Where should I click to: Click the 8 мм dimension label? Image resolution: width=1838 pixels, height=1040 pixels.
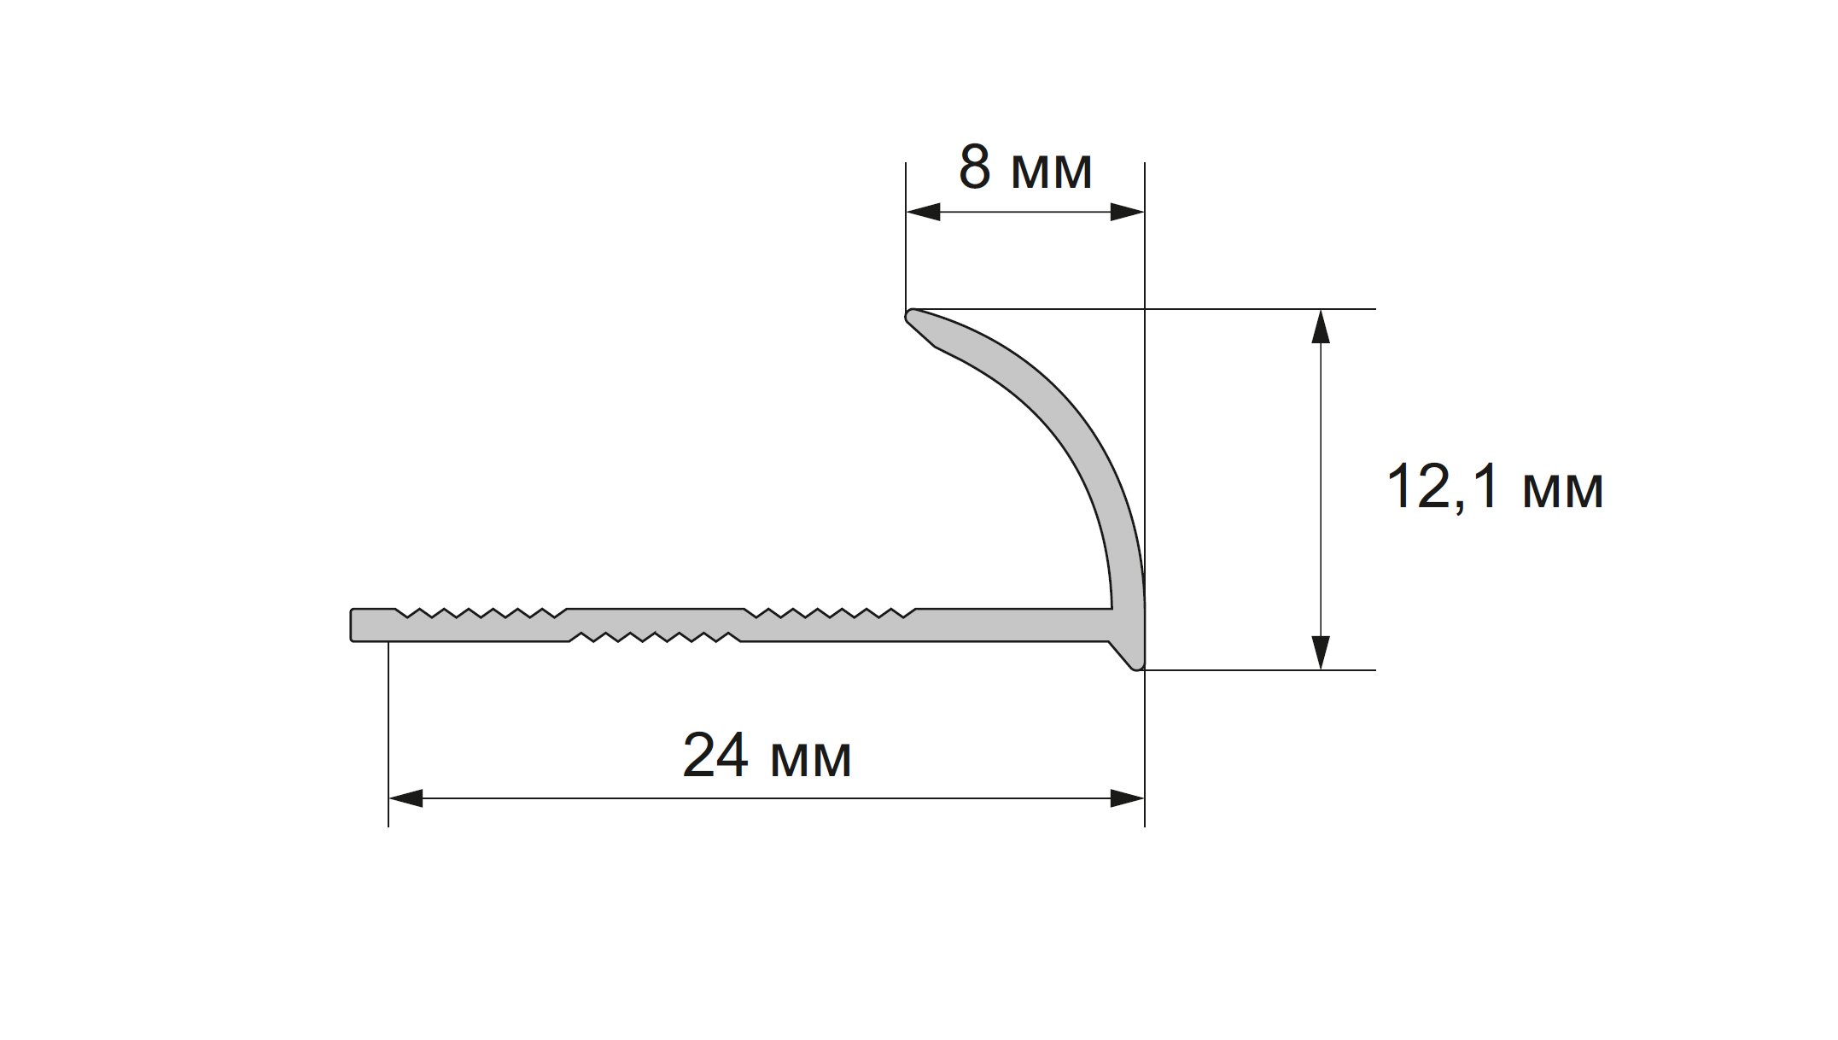pos(1024,168)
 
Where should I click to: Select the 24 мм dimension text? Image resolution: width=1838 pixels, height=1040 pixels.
pos(767,756)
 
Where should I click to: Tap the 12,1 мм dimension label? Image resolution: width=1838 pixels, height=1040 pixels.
pos(1495,488)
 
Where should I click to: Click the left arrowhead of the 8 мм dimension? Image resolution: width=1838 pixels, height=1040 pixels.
pos(923,212)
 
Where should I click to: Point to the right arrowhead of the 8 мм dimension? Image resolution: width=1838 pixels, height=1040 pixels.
pos(1127,212)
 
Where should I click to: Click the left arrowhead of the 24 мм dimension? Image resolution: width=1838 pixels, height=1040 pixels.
pos(406,798)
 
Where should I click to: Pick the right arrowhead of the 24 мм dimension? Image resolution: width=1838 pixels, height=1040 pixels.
pos(1127,798)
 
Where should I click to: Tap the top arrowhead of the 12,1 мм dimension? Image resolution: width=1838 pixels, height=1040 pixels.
pos(1321,326)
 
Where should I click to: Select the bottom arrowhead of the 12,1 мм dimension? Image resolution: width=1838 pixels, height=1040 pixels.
pos(1321,652)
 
